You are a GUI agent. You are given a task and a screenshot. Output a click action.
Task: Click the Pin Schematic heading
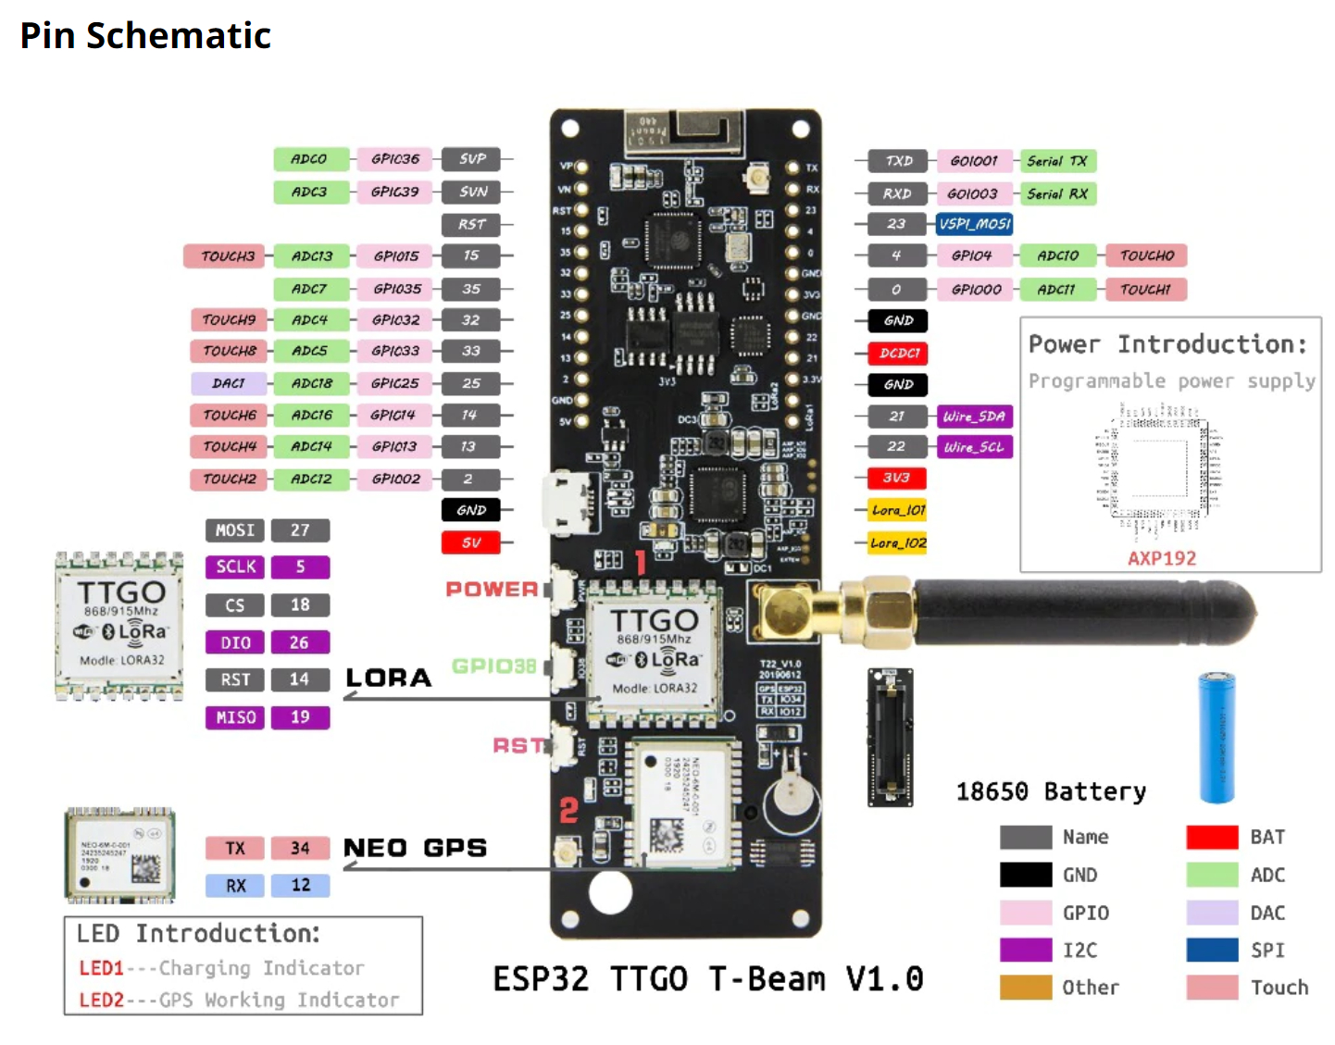click(145, 35)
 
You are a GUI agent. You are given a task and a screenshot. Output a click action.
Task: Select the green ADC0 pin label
click(310, 159)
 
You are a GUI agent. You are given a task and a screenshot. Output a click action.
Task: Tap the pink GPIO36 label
click(395, 159)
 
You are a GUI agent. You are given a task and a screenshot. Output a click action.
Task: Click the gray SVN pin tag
click(472, 192)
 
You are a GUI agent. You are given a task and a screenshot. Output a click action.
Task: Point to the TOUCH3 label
click(228, 256)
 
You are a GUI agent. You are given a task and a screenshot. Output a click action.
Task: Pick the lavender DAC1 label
click(229, 383)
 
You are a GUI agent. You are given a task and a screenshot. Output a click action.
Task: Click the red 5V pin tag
click(471, 542)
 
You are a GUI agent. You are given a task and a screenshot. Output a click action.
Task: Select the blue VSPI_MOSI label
click(974, 224)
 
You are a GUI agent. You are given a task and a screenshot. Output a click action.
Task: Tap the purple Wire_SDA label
click(974, 417)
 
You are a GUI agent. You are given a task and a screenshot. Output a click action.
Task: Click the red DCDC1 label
click(898, 353)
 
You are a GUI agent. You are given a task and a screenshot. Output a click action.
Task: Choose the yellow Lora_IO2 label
click(897, 543)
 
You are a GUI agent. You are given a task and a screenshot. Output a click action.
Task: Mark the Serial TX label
click(1057, 161)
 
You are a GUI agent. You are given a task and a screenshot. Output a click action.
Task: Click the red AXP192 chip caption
click(1161, 558)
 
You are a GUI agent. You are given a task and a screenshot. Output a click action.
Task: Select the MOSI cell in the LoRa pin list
click(235, 530)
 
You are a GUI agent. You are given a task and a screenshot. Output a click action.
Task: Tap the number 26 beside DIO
click(300, 642)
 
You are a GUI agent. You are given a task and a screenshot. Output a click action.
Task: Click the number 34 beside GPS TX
click(300, 848)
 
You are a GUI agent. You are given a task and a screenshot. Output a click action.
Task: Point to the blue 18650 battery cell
click(1216, 737)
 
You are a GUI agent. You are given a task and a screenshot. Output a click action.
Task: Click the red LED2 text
click(101, 1000)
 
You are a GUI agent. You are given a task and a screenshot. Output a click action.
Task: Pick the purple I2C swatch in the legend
click(1026, 950)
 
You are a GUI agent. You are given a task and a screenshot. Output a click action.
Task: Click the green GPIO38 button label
click(493, 666)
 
